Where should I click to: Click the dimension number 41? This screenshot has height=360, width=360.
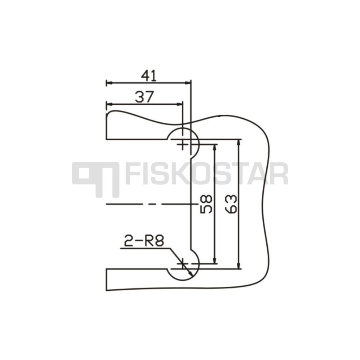149,76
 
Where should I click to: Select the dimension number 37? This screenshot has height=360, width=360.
144,97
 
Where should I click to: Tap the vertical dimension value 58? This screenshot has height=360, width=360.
206,204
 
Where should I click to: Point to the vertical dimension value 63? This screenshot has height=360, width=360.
231,204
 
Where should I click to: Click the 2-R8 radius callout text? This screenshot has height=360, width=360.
144,241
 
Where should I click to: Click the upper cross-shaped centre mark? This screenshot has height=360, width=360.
182,145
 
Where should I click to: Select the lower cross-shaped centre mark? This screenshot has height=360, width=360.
182,264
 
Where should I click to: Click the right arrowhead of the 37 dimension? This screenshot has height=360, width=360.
179,104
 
